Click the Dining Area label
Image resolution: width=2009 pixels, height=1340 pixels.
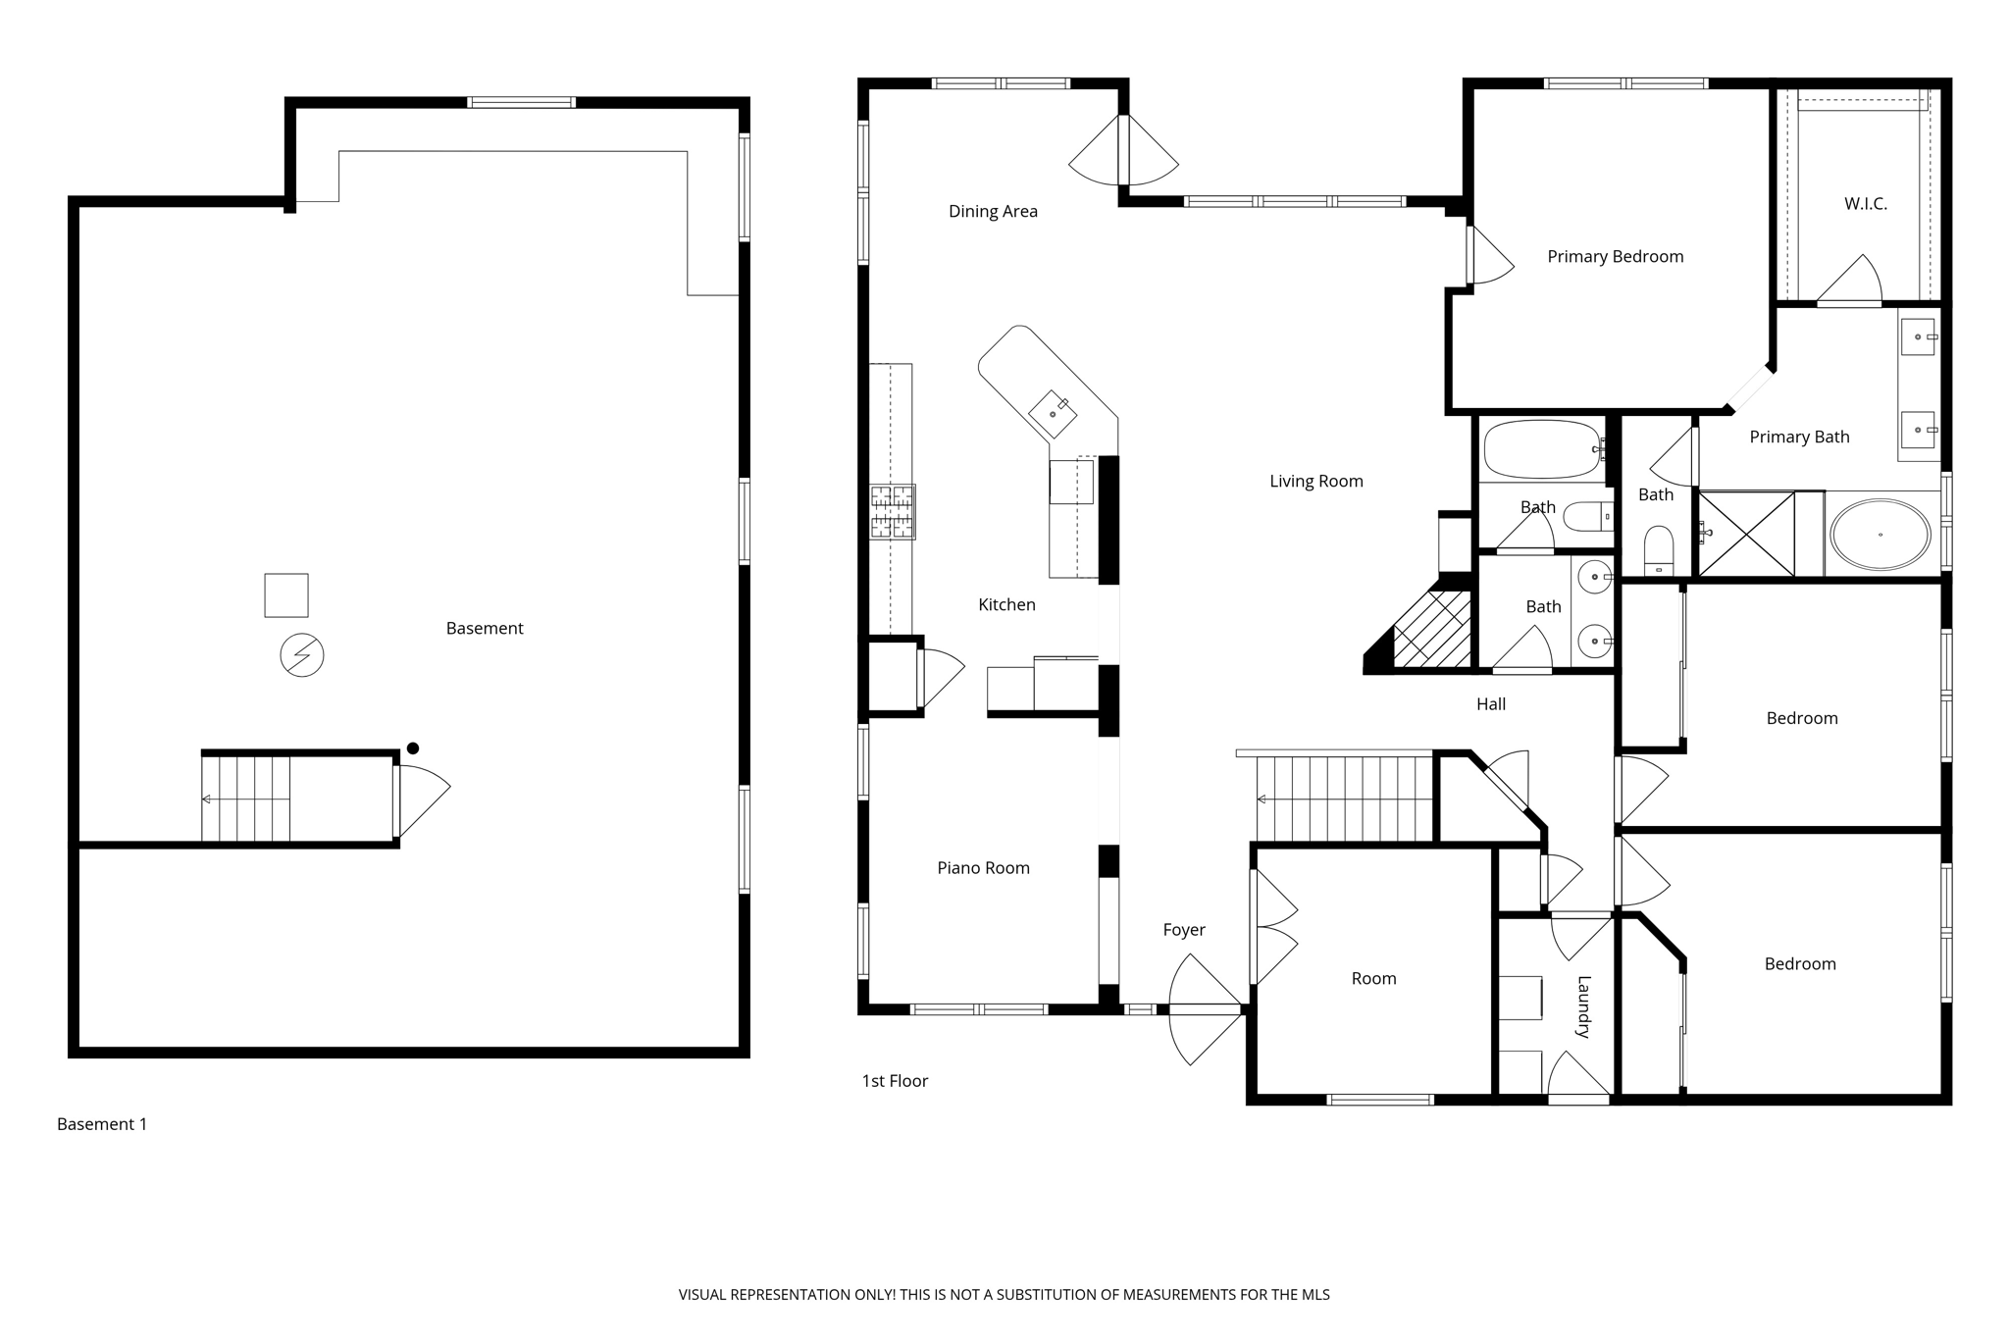point(993,211)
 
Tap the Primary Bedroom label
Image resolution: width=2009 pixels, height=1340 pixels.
point(1615,256)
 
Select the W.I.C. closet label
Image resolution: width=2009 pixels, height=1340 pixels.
point(1865,204)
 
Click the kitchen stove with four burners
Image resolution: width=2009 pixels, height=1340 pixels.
point(893,511)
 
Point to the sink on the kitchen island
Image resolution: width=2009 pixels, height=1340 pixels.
point(1053,414)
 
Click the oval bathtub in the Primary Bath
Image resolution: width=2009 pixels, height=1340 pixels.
point(1880,535)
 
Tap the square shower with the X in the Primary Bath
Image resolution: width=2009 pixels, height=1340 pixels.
point(1746,534)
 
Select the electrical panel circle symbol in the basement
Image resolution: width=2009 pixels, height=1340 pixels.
point(302,655)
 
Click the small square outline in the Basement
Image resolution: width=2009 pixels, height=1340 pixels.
point(286,595)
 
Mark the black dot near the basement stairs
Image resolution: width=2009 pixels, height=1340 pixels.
point(413,748)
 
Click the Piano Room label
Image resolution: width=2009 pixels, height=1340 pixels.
point(983,867)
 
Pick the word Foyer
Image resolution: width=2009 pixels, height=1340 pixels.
point(1184,929)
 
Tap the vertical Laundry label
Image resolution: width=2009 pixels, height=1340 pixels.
point(1582,1006)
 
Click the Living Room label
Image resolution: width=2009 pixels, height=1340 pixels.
point(1315,481)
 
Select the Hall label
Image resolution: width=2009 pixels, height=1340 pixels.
point(1490,703)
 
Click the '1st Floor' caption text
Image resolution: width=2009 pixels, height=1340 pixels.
point(895,1080)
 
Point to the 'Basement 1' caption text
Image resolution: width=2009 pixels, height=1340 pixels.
point(102,1123)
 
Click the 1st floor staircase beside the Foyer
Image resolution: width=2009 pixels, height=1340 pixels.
point(1344,799)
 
